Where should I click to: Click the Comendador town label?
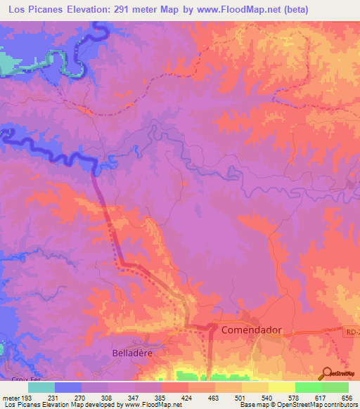pos(251,329)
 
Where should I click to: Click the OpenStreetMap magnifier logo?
pos(328,373)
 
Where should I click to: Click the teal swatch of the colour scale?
pos(41,387)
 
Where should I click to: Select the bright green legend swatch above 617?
pos(309,387)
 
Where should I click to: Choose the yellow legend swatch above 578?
pos(282,387)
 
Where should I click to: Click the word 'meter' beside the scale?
pos(12,398)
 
